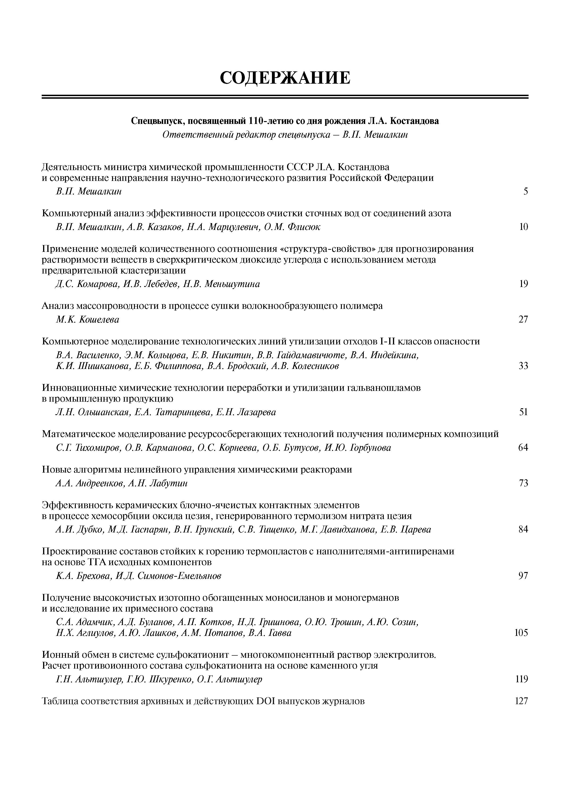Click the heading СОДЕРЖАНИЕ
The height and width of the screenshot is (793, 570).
click(285, 78)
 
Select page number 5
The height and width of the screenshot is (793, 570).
click(525, 192)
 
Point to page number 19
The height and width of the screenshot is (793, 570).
click(523, 284)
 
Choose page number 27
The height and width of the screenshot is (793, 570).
click(523, 319)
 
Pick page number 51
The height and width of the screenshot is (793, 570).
click(523, 412)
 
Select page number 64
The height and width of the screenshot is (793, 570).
click(523, 448)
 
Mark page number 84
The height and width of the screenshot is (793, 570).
click(523, 530)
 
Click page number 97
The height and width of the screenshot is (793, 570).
click(523, 576)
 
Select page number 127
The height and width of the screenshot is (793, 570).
click(521, 701)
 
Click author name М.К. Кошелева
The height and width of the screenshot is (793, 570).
click(87, 319)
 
